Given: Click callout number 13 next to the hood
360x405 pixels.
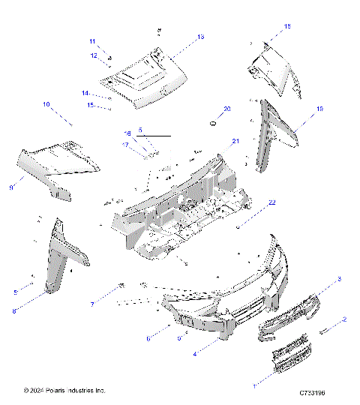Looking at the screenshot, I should [200, 37].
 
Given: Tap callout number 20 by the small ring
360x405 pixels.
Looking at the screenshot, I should [228, 109].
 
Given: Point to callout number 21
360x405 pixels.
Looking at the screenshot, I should [235, 141].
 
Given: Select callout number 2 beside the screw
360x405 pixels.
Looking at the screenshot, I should [344, 320].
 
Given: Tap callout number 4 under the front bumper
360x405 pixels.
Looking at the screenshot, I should [196, 353].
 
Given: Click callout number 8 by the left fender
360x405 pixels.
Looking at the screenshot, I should [14, 311].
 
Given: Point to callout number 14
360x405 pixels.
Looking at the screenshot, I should [85, 93].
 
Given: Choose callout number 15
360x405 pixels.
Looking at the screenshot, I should [89, 105].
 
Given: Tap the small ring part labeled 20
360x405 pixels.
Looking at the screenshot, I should [214, 121].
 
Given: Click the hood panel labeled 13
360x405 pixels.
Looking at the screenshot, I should [146, 75].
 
